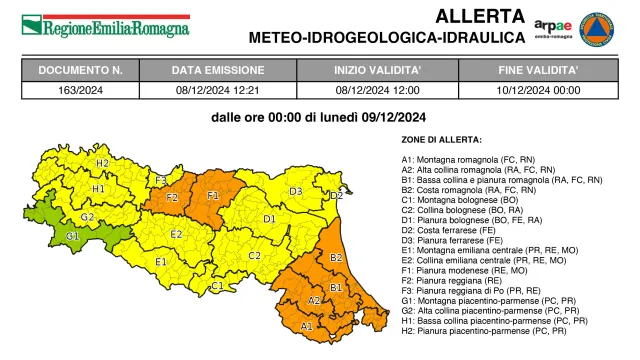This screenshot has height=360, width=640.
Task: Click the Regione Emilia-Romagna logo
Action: click(x=105, y=25)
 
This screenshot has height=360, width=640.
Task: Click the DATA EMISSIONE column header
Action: click(x=218, y=70)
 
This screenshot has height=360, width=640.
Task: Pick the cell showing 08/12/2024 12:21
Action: click(x=218, y=88)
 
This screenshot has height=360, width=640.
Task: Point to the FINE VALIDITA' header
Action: click(x=538, y=70)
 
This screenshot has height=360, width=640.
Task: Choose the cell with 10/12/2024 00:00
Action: click(x=538, y=88)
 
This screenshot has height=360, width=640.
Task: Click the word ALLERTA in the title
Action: click(x=479, y=16)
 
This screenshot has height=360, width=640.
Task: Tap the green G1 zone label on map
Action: click(x=72, y=235)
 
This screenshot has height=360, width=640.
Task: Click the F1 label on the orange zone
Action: click(x=213, y=195)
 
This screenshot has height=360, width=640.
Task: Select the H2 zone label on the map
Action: click(x=102, y=162)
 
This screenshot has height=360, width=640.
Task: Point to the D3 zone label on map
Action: click(x=296, y=191)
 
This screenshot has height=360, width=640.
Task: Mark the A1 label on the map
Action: click(x=307, y=325)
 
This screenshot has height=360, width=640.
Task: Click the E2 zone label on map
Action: click(x=176, y=234)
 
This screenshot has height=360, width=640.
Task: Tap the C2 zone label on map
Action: click(x=254, y=255)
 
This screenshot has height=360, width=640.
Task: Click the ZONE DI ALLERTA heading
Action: click(x=441, y=139)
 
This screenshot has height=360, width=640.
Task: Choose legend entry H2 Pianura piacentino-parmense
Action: click(x=487, y=330)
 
